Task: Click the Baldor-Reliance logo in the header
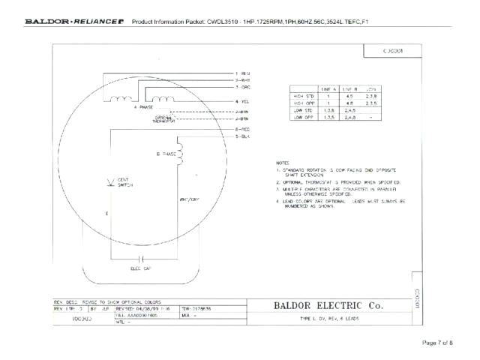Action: tap(74, 22)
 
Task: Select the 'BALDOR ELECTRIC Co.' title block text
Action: tap(328, 306)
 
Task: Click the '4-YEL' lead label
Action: tap(242, 100)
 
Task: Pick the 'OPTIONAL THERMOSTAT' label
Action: tap(164, 118)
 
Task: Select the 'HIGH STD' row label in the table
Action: tap(303, 95)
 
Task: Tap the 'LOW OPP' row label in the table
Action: tap(303, 117)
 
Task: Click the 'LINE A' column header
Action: tap(328, 88)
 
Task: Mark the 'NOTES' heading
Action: tap(283, 163)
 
